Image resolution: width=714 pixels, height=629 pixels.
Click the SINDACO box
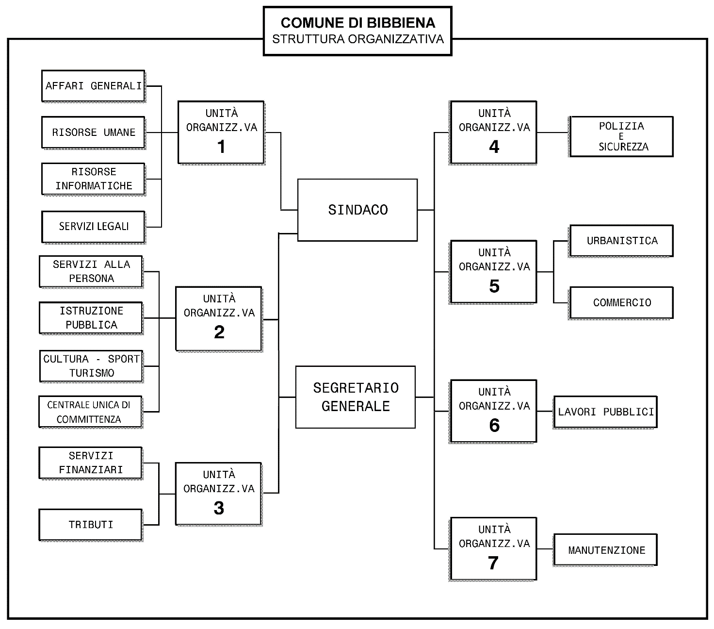(x=357, y=210)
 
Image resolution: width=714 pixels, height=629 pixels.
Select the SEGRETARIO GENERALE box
(x=356, y=397)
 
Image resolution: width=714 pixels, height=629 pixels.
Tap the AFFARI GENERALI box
(x=93, y=86)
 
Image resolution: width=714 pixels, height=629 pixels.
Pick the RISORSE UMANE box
(x=93, y=132)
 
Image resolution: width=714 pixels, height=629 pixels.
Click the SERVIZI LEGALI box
(x=93, y=226)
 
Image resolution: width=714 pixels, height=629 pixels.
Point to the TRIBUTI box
(x=91, y=525)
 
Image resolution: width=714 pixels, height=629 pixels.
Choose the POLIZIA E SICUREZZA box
(x=621, y=136)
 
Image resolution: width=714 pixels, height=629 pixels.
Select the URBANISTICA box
(x=621, y=241)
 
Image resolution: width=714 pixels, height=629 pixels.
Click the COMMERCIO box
(x=621, y=302)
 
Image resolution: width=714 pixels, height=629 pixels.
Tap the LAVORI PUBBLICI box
(x=605, y=412)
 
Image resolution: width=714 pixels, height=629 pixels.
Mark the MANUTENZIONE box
(x=605, y=550)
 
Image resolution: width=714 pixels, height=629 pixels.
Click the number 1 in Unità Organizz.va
(x=221, y=147)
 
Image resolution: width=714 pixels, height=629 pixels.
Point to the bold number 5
(x=494, y=286)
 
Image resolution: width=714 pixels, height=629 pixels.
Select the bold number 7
(x=493, y=563)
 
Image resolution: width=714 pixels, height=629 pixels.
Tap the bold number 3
(x=219, y=508)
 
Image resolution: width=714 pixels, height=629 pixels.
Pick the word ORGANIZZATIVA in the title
(x=396, y=39)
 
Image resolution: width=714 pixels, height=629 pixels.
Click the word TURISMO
(x=92, y=373)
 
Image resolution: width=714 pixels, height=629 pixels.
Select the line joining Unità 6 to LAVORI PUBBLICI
(x=545, y=412)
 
